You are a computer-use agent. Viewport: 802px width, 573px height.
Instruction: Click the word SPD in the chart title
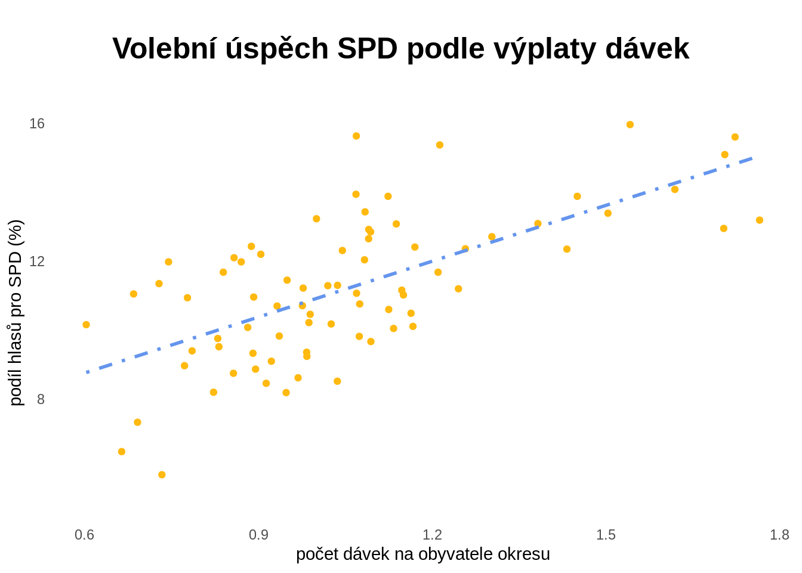tap(367, 48)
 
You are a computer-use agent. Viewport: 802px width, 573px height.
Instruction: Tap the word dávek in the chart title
tap(647, 48)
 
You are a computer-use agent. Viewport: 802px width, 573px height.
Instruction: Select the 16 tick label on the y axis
tap(37, 124)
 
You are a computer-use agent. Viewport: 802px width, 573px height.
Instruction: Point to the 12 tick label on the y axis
tap(37, 261)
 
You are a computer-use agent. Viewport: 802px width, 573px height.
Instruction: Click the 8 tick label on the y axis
tap(41, 399)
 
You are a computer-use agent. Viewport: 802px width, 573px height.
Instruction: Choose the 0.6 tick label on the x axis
tap(85, 535)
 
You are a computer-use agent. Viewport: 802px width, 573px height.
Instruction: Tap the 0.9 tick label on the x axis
tap(258, 535)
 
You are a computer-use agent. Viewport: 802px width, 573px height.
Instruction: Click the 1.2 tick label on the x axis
tap(432, 535)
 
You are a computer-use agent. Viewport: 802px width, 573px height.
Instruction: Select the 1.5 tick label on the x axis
tap(606, 535)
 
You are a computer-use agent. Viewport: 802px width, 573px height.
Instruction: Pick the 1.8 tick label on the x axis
tap(779, 535)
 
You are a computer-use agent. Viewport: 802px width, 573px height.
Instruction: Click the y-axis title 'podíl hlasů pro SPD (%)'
tap(16, 313)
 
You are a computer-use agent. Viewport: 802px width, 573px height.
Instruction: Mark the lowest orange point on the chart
tap(162, 475)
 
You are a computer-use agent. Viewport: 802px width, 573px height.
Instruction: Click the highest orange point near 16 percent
tap(630, 125)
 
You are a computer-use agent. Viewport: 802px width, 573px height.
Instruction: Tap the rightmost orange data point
tap(760, 220)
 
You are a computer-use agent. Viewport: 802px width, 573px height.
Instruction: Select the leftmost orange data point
tap(87, 325)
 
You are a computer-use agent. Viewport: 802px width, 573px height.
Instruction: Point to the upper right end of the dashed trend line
tap(753, 158)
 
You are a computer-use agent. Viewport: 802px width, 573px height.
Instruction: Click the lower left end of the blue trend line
tap(88, 372)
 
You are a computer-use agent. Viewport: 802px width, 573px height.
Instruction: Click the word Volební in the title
tap(164, 48)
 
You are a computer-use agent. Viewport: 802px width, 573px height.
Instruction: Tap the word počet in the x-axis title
tap(317, 554)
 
